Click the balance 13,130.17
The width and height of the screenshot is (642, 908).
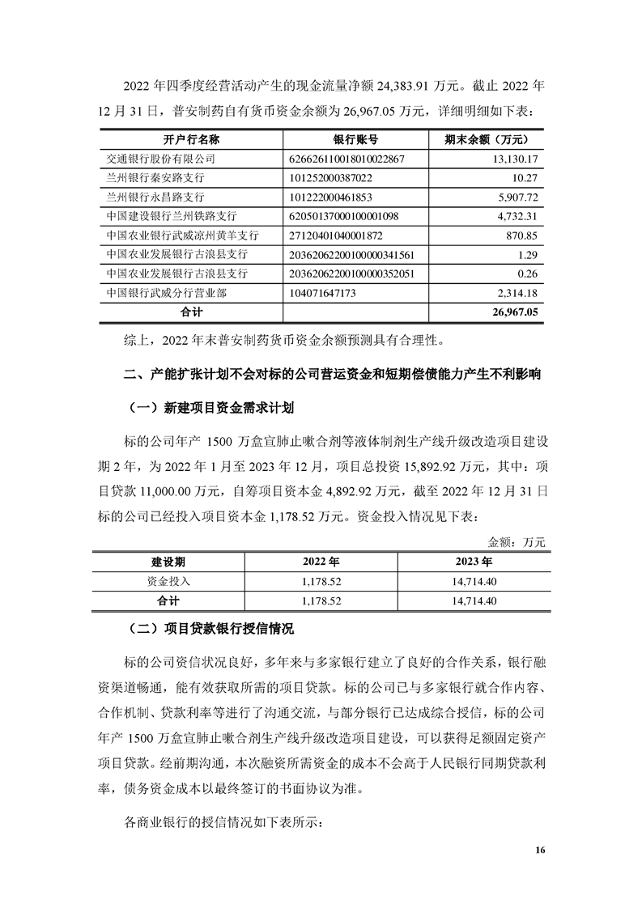(515, 159)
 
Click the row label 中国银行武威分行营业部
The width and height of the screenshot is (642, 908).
(164, 291)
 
